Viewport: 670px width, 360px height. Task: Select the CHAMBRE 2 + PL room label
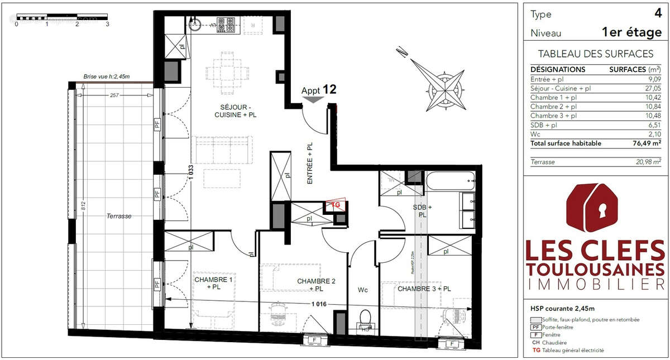[316, 285]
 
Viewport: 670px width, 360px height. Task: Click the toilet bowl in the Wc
[366, 319]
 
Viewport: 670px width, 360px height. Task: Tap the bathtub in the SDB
[450, 180]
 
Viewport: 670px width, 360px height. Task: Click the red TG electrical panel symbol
[336, 205]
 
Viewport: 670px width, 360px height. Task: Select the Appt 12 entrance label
[318, 90]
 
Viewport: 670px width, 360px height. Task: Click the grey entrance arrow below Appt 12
[313, 100]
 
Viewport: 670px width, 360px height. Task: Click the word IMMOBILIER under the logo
[596, 285]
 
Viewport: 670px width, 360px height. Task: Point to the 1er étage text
[631, 33]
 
